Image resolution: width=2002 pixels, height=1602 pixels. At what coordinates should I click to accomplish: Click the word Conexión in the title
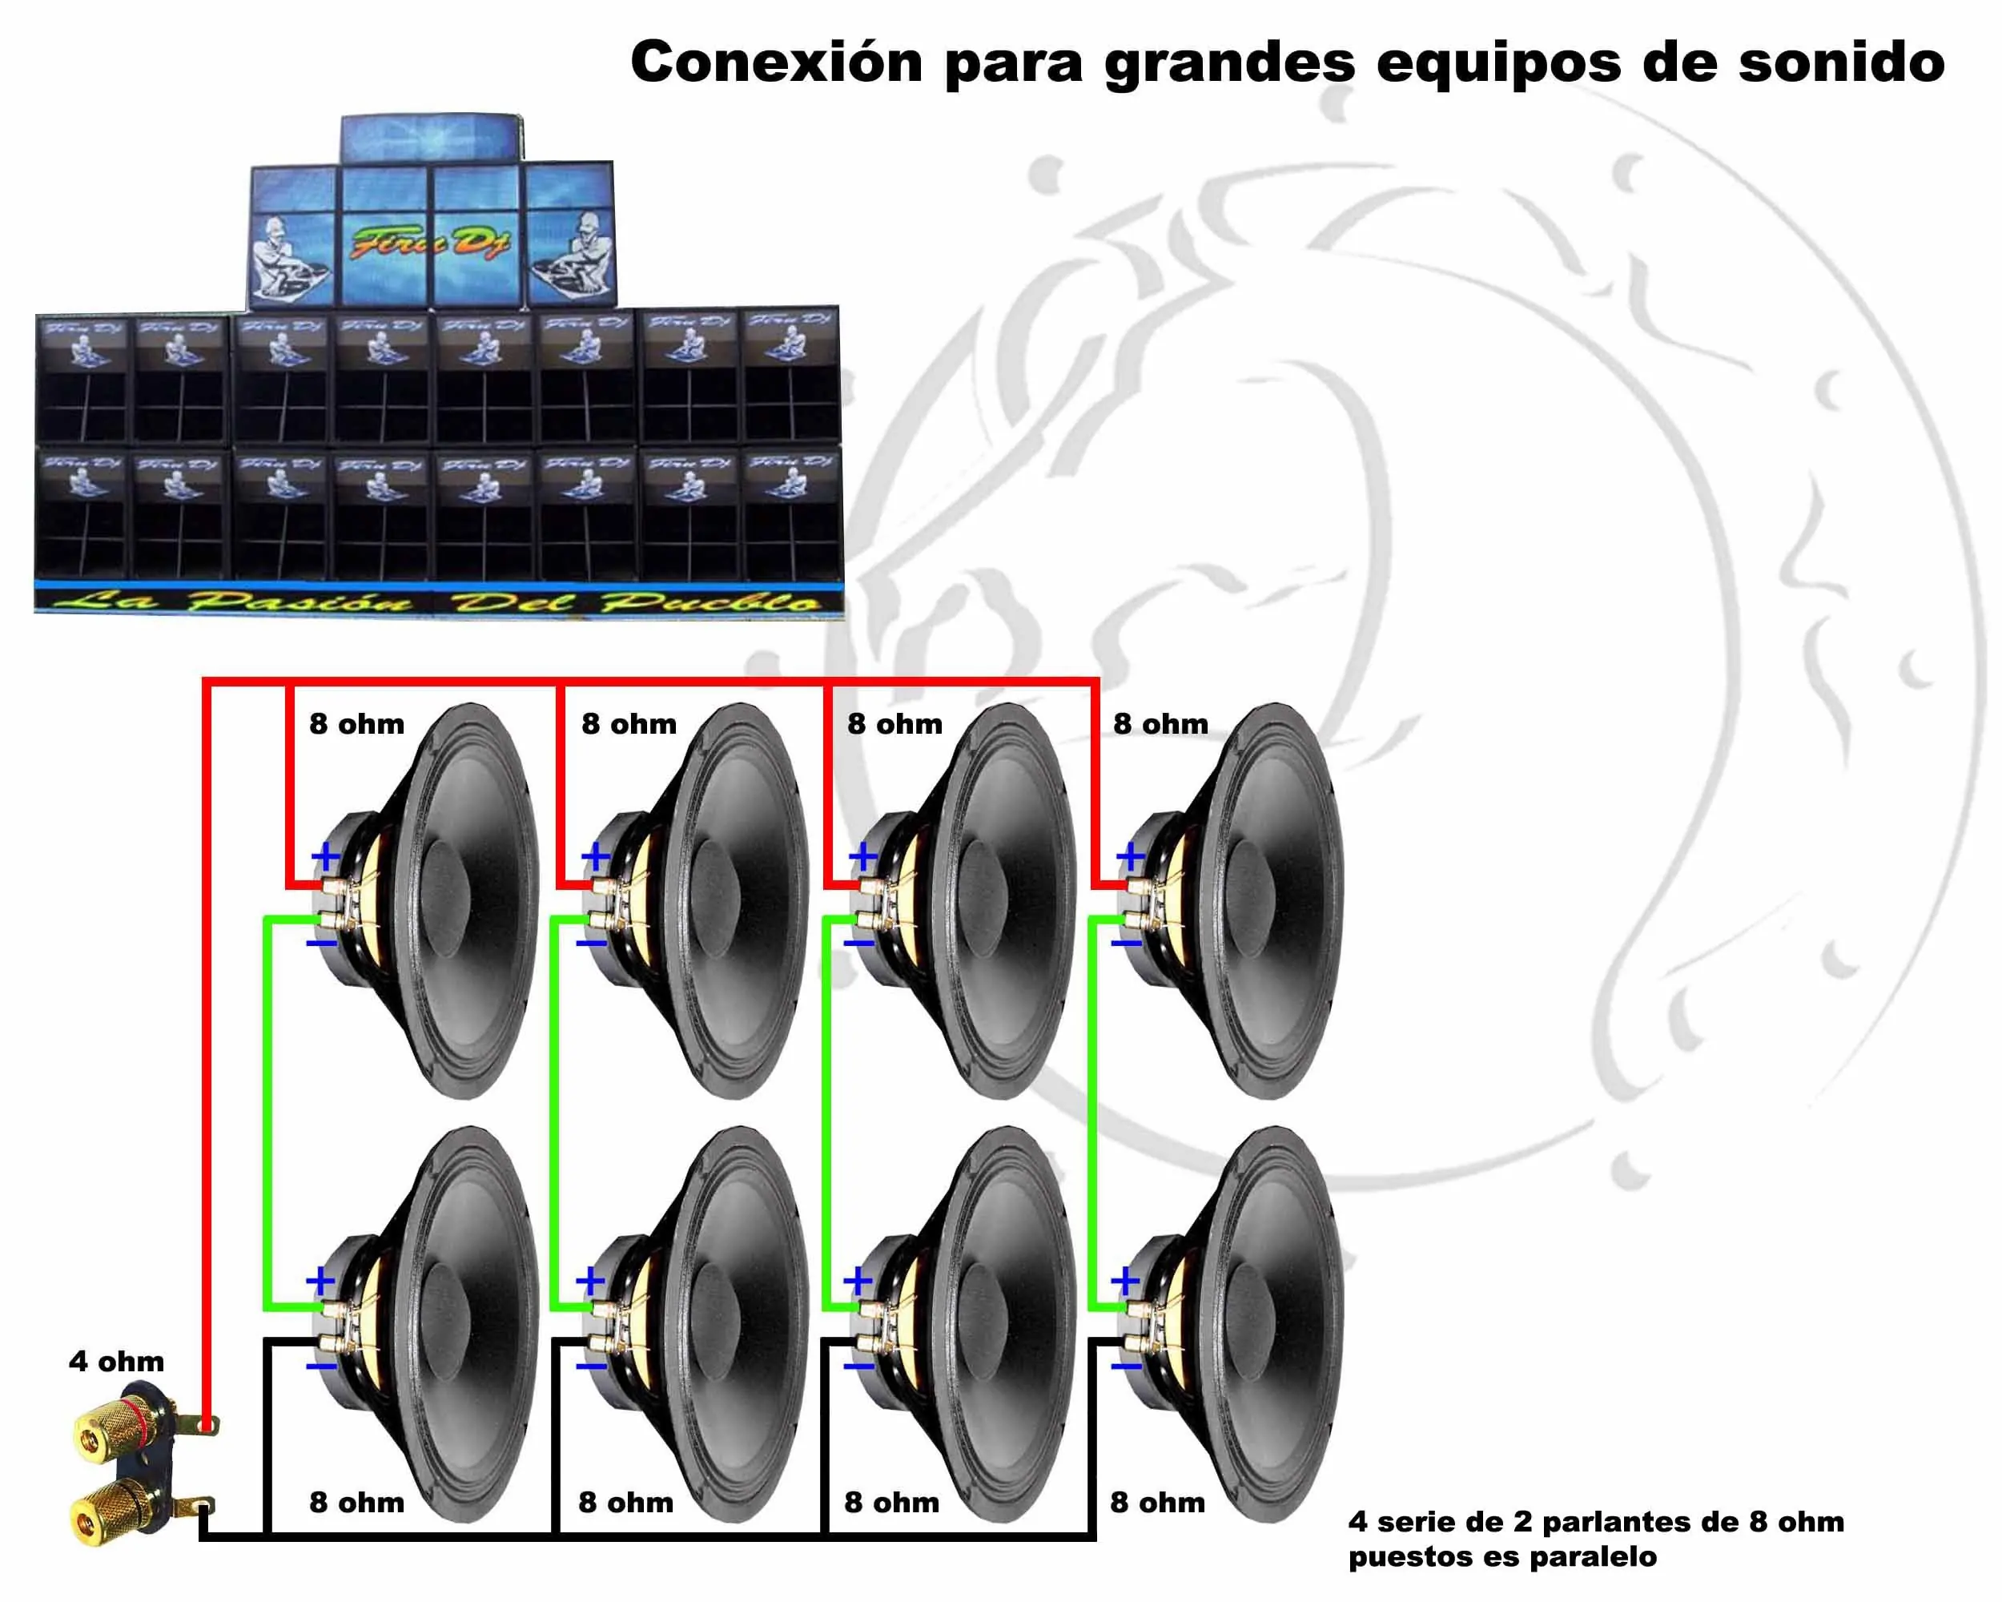(776, 62)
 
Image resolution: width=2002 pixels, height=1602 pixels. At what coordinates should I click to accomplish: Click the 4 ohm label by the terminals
(116, 1362)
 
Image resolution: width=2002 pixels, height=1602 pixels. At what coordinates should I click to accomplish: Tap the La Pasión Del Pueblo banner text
(436, 602)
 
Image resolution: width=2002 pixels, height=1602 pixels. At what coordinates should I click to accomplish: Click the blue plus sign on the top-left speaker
(325, 855)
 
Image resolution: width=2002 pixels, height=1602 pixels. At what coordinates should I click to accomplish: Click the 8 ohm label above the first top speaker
(356, 723)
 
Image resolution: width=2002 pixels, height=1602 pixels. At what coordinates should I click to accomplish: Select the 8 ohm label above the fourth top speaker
(1160, 723)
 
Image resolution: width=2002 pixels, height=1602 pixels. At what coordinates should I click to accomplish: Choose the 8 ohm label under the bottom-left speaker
(356, 1502)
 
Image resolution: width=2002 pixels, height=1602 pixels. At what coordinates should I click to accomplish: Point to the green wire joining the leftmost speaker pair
(267, 1114)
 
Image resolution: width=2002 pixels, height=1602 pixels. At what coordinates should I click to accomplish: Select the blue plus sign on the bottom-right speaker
(1124, 1282)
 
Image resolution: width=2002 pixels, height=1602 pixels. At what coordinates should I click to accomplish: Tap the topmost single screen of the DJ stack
(430, 139)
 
